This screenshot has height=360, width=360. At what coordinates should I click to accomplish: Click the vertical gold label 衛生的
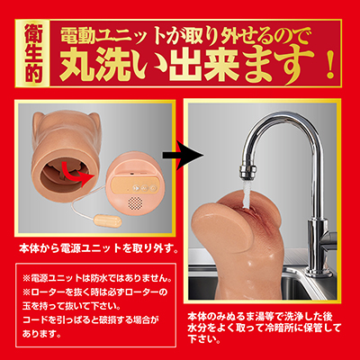click(x=33, y=53)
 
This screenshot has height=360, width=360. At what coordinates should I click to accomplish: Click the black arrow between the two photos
click(x=183, y=155)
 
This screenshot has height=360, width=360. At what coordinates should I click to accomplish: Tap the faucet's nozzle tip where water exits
click(x=247, y=175)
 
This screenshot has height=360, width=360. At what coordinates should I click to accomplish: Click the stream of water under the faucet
click(x=247, y=194)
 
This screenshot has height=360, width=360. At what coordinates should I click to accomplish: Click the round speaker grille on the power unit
click(x=136, y=203)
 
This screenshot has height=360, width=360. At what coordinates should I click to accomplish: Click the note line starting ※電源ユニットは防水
click(x=97, y=279)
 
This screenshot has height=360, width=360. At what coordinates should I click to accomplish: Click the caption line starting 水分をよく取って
click(x=265, y=328)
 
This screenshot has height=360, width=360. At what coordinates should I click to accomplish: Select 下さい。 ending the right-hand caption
click(x=205, y=339)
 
